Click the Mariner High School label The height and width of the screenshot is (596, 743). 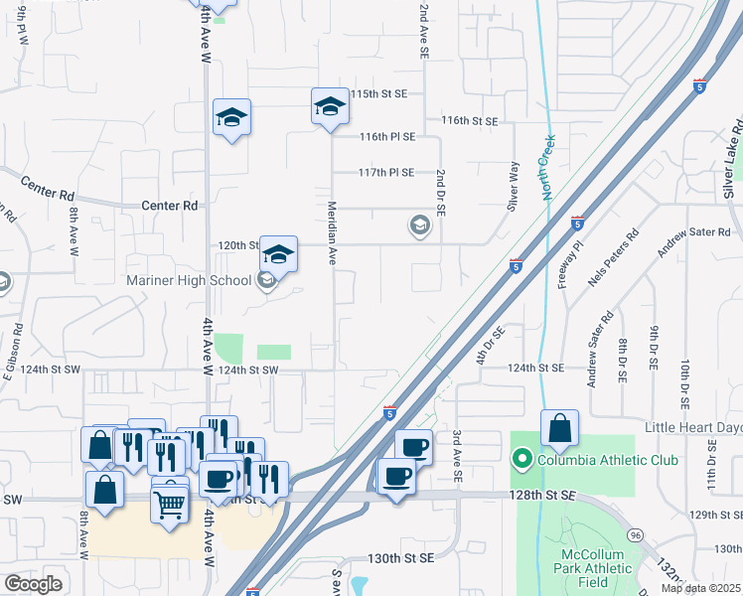tap(190, 281)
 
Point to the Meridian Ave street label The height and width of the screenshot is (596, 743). tap(333, 234)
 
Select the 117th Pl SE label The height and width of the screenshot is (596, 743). tap(386, 172)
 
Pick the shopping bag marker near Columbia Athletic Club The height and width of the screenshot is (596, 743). tap(560, 428)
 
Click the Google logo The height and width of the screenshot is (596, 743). tap(33, 584)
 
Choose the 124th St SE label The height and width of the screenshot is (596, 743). tap(535, 369)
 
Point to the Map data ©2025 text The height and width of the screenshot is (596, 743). tap(700, 588)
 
